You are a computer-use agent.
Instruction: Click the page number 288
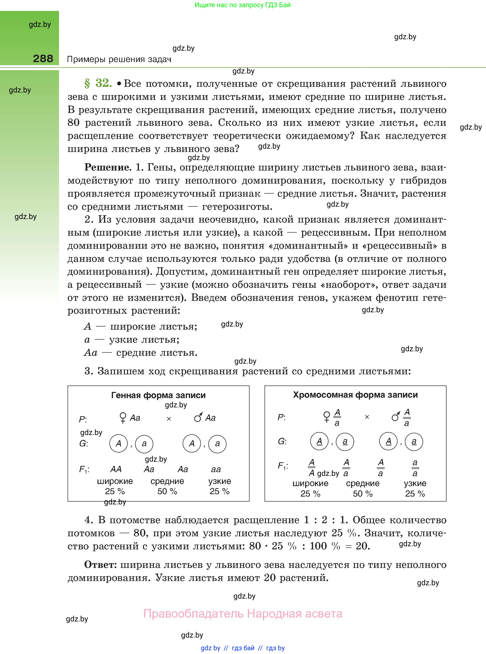pyautogui.click(x=43, y=59)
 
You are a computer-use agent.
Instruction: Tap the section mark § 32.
pyautogui.click(x=98, y=83)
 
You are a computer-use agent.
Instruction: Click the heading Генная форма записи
pyautogui.click(x=158, y=395)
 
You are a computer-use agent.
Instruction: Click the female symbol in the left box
pyautogui.click(x=123, y=418)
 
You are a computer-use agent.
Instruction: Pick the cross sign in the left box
pyautogui.click(x=169, y=419)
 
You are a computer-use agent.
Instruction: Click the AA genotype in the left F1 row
pyautogui.click(x=116, y=469)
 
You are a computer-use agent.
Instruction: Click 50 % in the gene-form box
pyautogui.click(x=167, y=491)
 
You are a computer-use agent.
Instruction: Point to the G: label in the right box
pyautogui.click(x=282, y=441)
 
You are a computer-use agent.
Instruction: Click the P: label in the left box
pyautogui.click(x=83, y=419)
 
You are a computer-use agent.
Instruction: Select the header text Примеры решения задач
pyautogui.click(x=119, y=59)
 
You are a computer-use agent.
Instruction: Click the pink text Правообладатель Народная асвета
pyautogui.click(x=243, y=614)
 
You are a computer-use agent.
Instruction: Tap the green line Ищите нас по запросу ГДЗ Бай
pyautogui.click(x=242, y=5)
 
